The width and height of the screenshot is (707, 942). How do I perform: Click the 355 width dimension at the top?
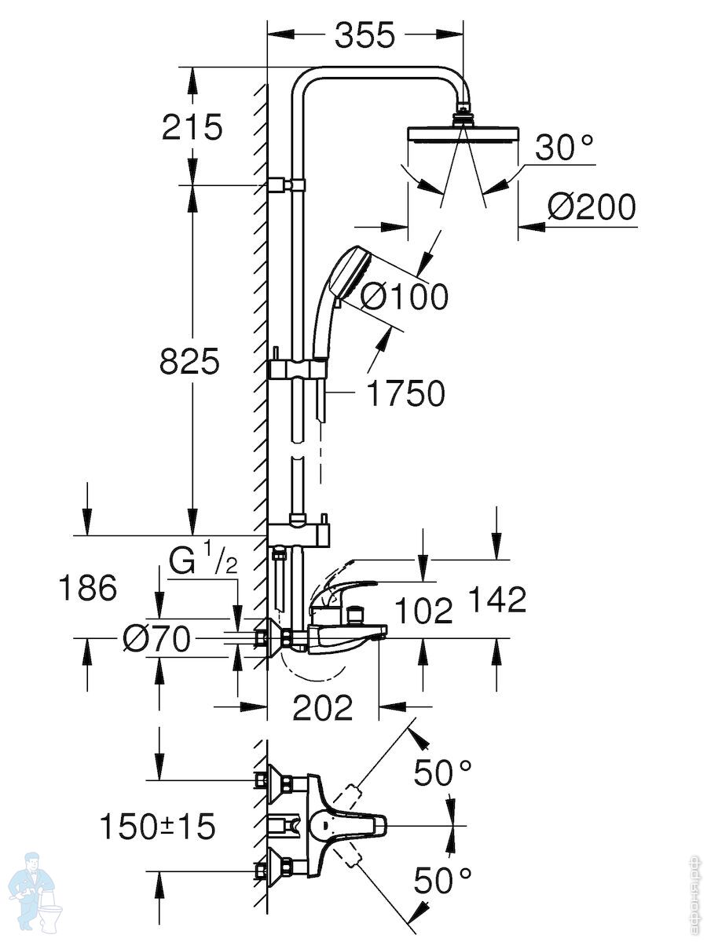point(364,35)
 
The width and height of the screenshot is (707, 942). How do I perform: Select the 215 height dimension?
point(192,127)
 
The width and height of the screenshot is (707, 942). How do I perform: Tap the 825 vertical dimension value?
point(189,361)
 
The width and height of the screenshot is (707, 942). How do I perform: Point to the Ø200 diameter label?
point(591,207)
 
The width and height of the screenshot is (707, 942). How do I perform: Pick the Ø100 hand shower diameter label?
point(404,297)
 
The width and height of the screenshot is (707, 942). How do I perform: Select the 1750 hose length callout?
point(406,393)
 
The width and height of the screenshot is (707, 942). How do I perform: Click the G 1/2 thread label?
point(203,561)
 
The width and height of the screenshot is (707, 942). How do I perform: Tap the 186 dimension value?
point(87,587)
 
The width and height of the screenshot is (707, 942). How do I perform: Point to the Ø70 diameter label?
point(156,639)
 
